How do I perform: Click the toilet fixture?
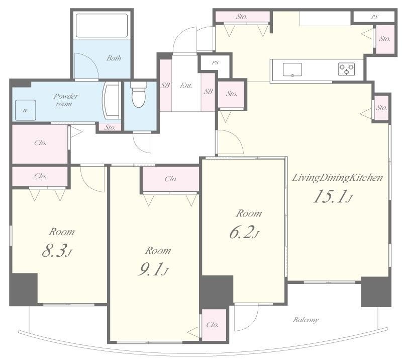[x=139, y=94]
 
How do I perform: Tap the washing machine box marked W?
[x=26, y=110]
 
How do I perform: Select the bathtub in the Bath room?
[x=102, y=25]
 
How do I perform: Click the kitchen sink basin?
[x=292, y=69]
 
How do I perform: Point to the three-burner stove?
[x=346, y=69]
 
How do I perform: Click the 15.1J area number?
[x=333, y=196]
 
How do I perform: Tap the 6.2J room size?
[x=244, y=232]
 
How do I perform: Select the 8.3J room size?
[x=57, y=251]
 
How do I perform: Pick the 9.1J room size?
[x=153, y=269]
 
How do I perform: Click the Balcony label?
[x=306, y=320]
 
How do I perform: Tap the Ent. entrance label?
[x=186, y=85]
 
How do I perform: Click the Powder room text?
[x=65, y=100]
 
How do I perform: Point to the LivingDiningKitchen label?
[x=337, y=178]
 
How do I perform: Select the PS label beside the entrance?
[x=216, y=62]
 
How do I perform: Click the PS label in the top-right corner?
[x=374, y=17]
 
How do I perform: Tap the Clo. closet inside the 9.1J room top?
[x=171, y=179]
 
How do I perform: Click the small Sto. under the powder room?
[x=110, y=127]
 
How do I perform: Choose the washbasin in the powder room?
[x=112, y=101]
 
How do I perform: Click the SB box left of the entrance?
[x=165, y=85]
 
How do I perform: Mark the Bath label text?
[x=114, y=58]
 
